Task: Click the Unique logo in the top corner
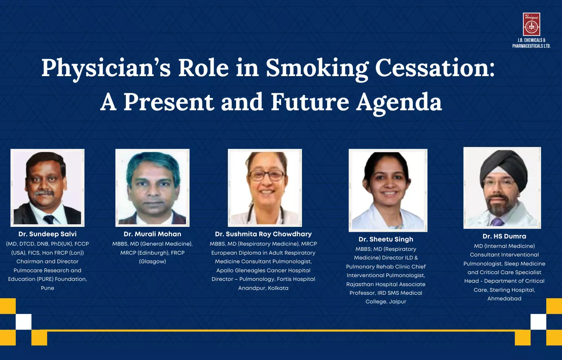coord(531,24)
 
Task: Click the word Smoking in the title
coord(317,69)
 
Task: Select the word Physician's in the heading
coord(106,69)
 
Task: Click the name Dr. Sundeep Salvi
coord(48,234)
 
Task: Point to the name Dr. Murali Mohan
coord(152,234)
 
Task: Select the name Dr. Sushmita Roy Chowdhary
coord(263,234)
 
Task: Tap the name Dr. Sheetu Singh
coord(386,240)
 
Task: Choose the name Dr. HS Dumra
coord(504,236)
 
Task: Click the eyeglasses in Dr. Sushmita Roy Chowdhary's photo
coord(266,175)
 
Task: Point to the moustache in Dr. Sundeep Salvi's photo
coord(44,193)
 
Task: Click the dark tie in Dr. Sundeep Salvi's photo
coord(49,219)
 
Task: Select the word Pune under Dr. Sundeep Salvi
coord(48,288)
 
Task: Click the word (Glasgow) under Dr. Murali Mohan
coord(152,262)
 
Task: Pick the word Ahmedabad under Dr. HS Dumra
coord(504,299)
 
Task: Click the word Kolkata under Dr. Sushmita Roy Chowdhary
coord(278,288)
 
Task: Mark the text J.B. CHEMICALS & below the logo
coord(531,40)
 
